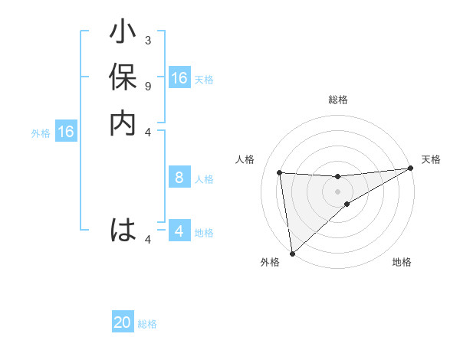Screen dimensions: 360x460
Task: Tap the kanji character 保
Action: [123, 80]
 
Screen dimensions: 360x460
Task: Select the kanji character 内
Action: [123, 123]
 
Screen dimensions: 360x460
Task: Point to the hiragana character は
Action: [123, 230]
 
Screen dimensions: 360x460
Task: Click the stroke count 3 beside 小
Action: [147, 40]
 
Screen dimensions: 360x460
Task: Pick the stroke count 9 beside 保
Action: [147, 85]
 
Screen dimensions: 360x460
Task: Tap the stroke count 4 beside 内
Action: [147, 131]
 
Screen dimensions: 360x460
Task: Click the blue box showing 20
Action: [123, 322]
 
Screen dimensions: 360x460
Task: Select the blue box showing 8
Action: [179, 178]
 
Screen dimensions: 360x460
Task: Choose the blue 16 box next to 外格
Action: [66, 132]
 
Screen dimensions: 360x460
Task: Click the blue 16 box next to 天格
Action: [179, 78]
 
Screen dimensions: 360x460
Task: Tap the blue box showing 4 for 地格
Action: [179, 231]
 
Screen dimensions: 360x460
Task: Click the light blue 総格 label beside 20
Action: [147, 324]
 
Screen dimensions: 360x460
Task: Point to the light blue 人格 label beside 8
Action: [204, 179]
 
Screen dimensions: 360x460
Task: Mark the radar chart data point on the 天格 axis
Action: [410, 169]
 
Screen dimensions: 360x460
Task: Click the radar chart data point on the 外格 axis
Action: [292, 254]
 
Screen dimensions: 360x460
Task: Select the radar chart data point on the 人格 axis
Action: [280, 172]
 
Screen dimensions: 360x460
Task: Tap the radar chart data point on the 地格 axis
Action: [347, 204]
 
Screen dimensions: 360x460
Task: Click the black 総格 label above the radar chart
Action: [337, 100]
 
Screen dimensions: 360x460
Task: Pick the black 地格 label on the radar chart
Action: [402, 263]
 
